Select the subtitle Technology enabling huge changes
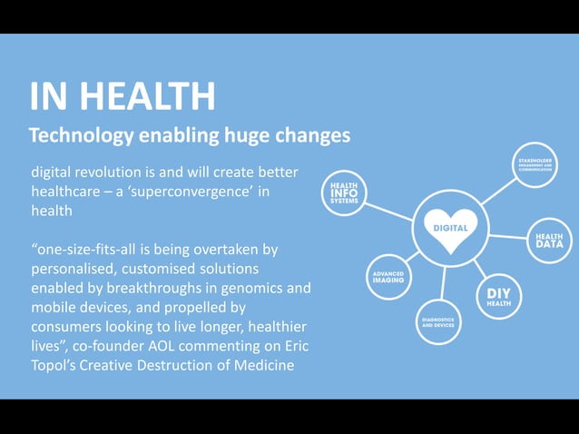coord(189,136)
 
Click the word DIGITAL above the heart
coord(451,219)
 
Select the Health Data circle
coord(548,241)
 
